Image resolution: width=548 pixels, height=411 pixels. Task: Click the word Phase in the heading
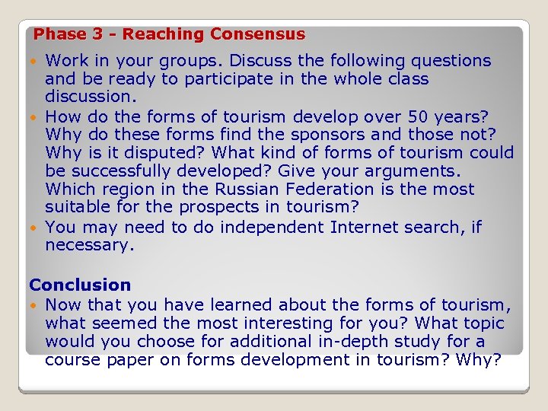[56, 34]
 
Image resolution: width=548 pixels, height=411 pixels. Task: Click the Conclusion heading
[80, 285]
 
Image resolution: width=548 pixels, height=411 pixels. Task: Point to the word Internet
[364, 227]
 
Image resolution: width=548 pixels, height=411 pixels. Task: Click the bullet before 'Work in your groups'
[37, 61]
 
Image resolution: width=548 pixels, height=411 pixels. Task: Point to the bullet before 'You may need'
[37, 228]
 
